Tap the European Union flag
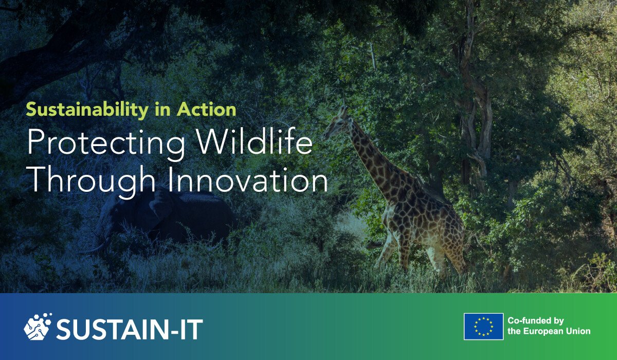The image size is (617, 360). (x=483, y=327)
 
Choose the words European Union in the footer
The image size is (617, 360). (x=558, y=332)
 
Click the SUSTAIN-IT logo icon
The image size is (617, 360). (x=38, y=327)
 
